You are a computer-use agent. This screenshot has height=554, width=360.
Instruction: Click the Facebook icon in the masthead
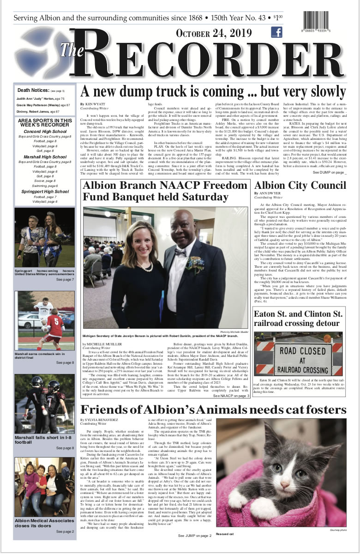pyautogui.click(x=276, y=32)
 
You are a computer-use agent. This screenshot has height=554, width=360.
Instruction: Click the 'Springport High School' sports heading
pyautogui.click(x=45, y=191)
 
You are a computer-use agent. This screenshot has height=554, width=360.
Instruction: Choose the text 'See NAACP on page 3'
pyautogui.click(x=232, y=396)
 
